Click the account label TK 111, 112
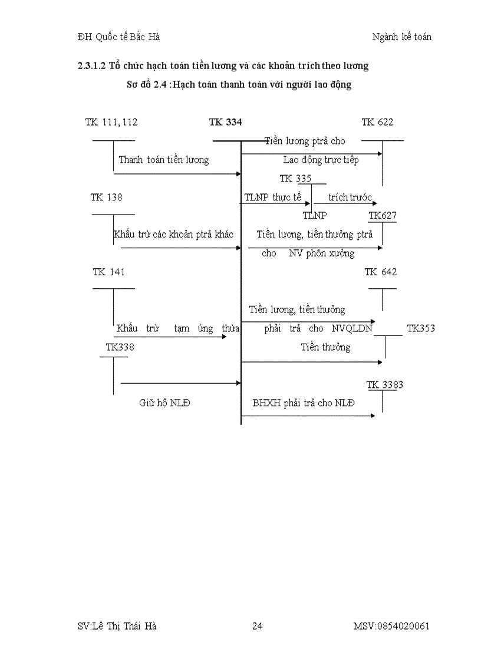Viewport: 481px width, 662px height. click(x=111, y=122)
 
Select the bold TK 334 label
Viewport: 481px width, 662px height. click(x=225, y=122)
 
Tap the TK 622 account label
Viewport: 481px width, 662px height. click(x=377, y=122)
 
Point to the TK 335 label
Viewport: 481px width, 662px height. click(x=295, y=179)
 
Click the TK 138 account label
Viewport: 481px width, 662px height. click(x=107, y=197)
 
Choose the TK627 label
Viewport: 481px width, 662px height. click(x=383, y=216)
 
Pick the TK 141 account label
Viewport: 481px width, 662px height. click(x=109, y=272)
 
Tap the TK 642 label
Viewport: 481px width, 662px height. click(x=381, y=272)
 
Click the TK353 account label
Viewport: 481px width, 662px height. click(x=421, y=328)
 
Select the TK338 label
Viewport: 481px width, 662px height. click(x=120, y=347)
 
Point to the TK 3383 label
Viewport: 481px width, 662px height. click(x=385, y=385)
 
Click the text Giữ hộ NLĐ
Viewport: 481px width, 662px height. click(x=164, y=403)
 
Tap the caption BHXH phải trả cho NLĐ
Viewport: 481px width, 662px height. click(x=304, y=403)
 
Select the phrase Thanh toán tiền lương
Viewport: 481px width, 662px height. click(x=164, y=160)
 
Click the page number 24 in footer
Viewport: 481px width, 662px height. click(x=257, y=626)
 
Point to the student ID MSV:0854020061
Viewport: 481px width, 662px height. click(x=391, y=626)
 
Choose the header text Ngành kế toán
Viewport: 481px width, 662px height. click(x=401, y=37)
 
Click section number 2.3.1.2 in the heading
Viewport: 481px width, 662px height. click(x=91, y=65)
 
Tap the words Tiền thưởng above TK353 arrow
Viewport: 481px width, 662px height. click(x=325, y=347)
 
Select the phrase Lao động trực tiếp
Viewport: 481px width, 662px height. click(x=321, y=160)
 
